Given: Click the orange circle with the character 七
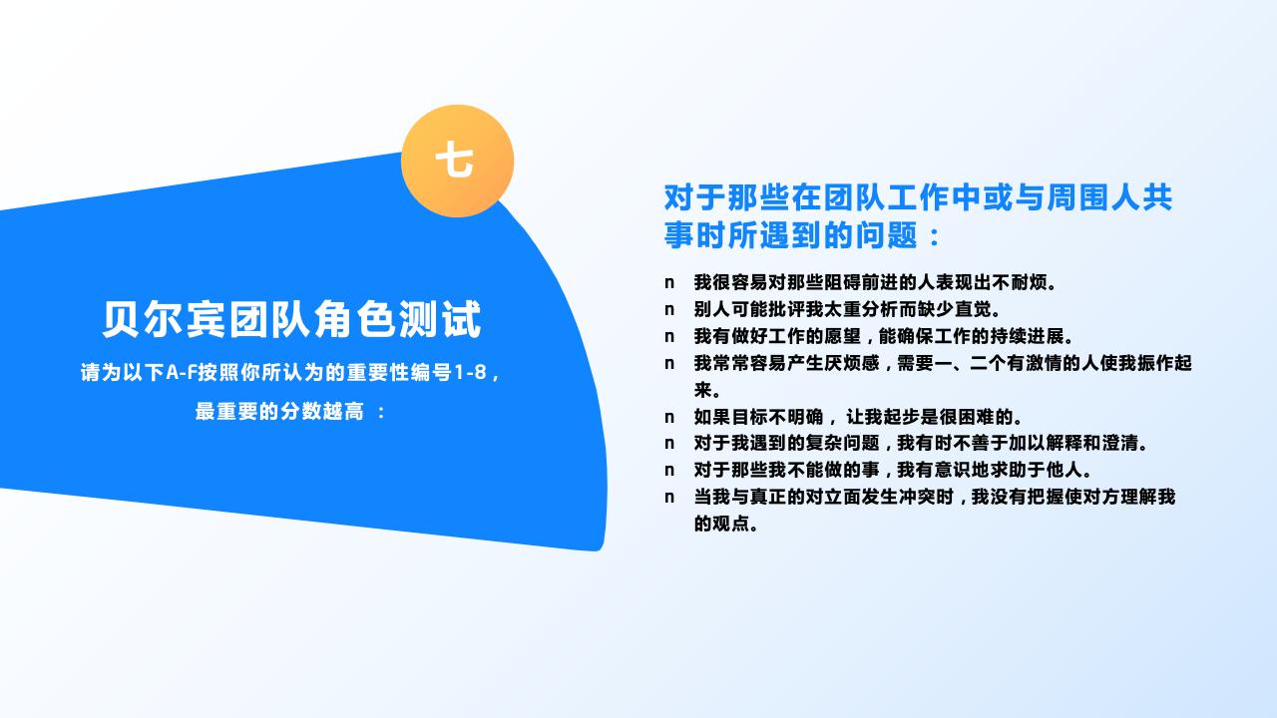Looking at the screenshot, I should (x=457, y=161).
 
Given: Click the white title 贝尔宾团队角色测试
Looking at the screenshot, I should (x=291, y=319).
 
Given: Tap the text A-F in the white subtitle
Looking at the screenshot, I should (x=181, y=373).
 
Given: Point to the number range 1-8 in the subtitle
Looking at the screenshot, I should (x=470, y=373).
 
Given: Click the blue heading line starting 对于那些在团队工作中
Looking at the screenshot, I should (x=918, y=197).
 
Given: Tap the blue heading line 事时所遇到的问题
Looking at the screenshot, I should (x=803, y=235).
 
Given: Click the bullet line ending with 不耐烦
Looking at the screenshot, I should (x=875, y=282).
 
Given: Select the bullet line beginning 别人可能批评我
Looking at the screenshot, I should (x=847, y=309).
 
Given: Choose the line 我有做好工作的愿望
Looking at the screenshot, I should (x=883, y=336).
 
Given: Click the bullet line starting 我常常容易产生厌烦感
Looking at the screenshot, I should (x=942, y=363).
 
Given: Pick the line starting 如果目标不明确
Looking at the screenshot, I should (x=858, y=416).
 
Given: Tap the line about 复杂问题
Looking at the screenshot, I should (x=921, y=443).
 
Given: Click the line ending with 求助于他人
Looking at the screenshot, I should (x=893, y=470).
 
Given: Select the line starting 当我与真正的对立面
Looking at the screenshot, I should (x=934, y=497).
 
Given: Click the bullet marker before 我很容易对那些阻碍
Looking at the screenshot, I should (x=669, y=283).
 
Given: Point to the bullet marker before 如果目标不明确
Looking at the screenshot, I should (x=669, y=417).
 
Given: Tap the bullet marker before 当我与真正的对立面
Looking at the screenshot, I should (x=669, y=498).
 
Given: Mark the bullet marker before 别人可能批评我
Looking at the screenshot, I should (x=669, y=310).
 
